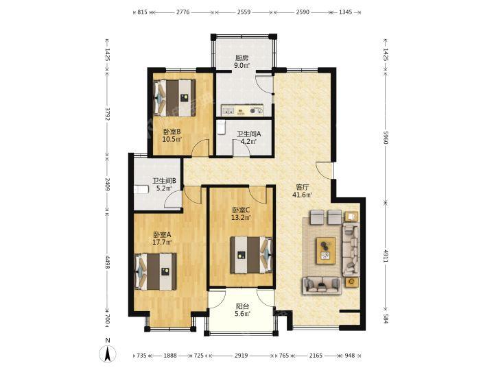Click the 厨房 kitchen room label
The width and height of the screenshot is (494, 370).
pos(242,58)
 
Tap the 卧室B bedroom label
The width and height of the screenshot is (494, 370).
pos(172,132)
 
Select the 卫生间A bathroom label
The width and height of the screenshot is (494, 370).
pos(249,134)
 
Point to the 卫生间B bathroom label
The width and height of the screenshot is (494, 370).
pos(164,181)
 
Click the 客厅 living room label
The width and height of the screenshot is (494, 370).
pos(302,187)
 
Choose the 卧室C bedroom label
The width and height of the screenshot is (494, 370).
pos(241,210)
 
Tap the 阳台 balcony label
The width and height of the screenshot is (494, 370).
pos(243,306)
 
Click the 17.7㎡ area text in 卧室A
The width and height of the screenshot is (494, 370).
pos(162,243)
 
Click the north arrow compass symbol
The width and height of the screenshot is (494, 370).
pos(108,353)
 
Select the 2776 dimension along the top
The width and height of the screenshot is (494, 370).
pos(183,12)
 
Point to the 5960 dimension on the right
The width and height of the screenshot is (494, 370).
pos(386,137)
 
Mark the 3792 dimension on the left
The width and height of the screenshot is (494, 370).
pos(108,114)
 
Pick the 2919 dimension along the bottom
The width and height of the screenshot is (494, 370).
pos(241,356)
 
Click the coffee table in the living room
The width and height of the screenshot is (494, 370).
pos(326,250)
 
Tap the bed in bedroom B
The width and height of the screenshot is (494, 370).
pos(174,98)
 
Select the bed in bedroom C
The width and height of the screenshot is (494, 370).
pos(251,255)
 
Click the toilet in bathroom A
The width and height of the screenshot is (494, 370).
pos(221,127)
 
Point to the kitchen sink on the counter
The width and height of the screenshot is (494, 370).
pos(228,110)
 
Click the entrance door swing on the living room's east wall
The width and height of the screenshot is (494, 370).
pos(324,170)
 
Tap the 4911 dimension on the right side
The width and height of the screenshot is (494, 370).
pos(386,256)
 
